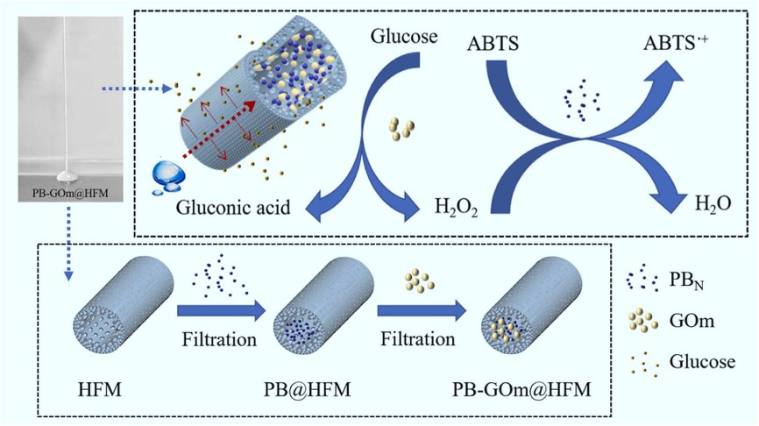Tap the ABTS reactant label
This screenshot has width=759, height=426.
[496, 40]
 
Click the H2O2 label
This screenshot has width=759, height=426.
[456, 209]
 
